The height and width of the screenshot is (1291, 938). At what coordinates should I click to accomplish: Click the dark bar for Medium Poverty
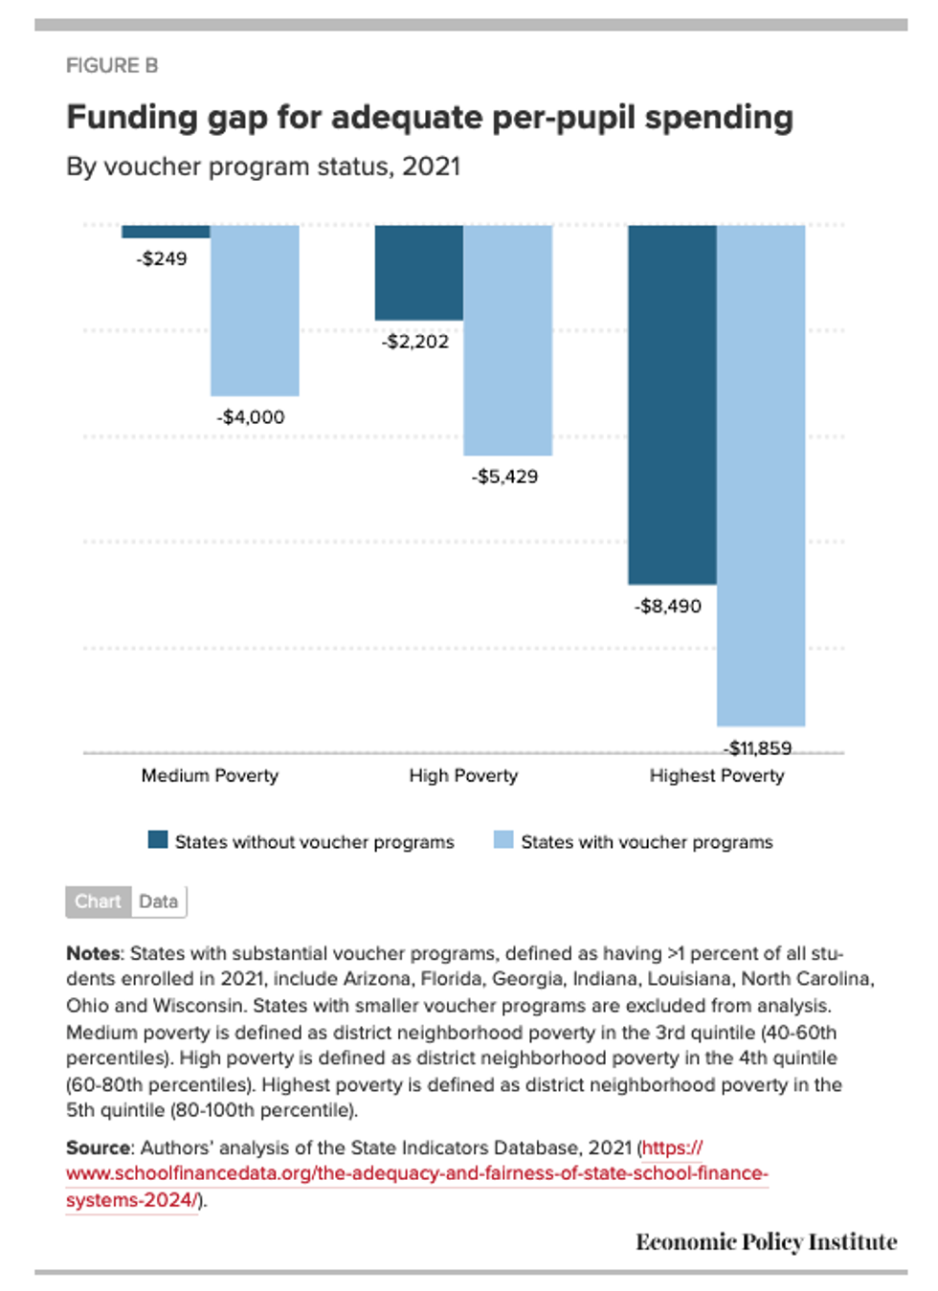166,232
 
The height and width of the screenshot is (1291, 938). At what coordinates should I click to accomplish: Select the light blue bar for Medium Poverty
255,310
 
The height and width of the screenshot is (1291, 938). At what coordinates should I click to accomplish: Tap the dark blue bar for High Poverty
418,273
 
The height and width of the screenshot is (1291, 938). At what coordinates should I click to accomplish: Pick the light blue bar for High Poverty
507,340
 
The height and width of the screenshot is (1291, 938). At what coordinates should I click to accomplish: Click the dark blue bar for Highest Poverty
672,404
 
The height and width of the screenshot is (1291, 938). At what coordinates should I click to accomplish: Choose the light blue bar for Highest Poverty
761,475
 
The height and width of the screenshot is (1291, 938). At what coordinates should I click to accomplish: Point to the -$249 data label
162,259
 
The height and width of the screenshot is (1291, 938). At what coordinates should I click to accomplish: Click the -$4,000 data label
251,417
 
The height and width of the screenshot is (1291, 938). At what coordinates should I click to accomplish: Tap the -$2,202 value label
415,342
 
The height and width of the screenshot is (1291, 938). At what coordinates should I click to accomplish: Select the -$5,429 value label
504,477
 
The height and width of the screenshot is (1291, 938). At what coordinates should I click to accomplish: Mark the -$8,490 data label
668,606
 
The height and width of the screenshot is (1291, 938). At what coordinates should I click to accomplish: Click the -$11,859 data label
758,747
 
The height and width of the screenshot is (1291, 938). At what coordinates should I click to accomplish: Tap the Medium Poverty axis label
210,775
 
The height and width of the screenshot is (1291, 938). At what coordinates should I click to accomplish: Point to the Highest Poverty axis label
716,775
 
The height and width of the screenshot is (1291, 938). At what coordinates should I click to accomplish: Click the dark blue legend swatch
158,840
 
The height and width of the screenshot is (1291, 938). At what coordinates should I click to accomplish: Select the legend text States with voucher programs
646,842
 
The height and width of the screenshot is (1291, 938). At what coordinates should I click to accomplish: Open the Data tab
158,901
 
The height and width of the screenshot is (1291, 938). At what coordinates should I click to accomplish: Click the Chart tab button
98,901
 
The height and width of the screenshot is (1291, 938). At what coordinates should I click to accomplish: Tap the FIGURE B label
112,65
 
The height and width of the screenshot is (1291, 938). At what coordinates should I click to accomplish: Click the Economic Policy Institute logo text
766,1242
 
